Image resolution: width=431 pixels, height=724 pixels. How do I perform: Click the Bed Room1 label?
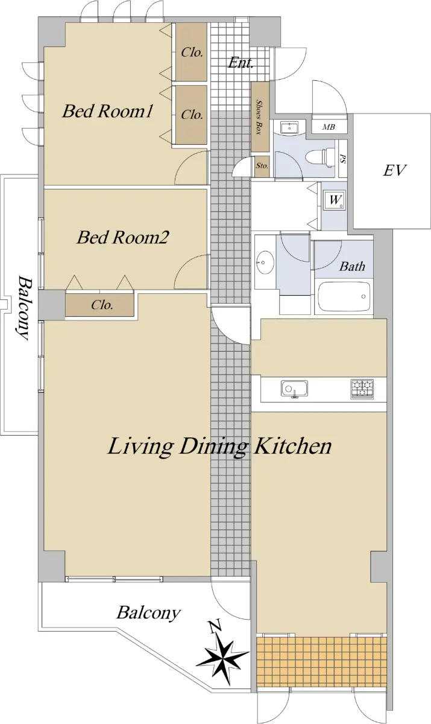coord(107,111)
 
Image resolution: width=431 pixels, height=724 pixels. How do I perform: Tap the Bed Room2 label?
coord(123,237)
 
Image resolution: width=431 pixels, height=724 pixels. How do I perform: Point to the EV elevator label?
coord(394,170)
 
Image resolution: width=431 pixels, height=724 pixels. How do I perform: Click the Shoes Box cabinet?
coord(260,116)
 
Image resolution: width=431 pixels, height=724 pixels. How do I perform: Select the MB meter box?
coord(329,127)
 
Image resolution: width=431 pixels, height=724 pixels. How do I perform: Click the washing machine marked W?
coord(334,200)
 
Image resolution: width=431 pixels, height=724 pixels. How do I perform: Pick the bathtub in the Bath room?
coord(344,297)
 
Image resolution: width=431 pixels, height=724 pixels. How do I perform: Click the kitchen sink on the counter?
coord(294,388)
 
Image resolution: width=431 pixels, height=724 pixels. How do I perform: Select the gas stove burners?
coord(362,389)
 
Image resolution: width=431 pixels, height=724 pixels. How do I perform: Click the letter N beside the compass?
coord(215,627)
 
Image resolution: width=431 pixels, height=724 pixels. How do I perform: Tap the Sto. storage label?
coord(262,166)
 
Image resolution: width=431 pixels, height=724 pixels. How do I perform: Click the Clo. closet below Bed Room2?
coord(99,305)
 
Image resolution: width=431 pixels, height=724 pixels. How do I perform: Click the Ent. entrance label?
coord(241,63)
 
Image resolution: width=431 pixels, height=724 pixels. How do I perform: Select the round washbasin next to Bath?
coord(265,262)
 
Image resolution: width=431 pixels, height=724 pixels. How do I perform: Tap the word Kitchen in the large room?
coord(293,446)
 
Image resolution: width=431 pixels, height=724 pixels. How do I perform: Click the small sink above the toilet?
coord(289,128)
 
